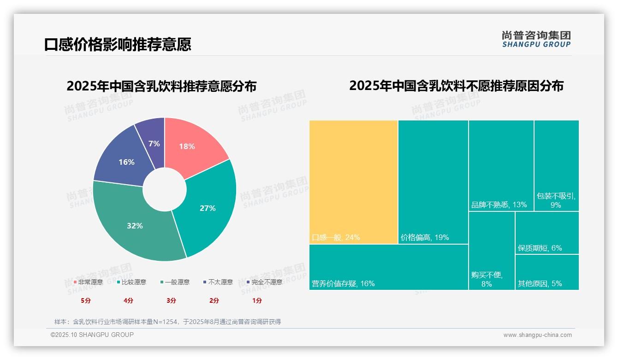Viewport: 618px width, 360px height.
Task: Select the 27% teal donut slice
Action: (210, 208)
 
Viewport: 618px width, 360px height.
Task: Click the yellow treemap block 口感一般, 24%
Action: (353, 182)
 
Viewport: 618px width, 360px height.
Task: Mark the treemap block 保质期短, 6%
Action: (547, 233)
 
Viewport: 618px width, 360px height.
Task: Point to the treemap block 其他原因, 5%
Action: (547, 272)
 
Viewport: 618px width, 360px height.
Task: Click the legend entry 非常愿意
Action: (88, 282)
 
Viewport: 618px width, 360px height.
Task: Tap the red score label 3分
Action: (171, 300)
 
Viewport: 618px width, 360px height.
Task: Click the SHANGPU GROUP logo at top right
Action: (536, 39)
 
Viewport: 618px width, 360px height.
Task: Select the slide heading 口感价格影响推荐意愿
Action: (118, 44)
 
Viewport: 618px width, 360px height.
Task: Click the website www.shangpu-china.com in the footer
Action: (537, 335)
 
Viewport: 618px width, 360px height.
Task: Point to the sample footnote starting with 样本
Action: (167, 322)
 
